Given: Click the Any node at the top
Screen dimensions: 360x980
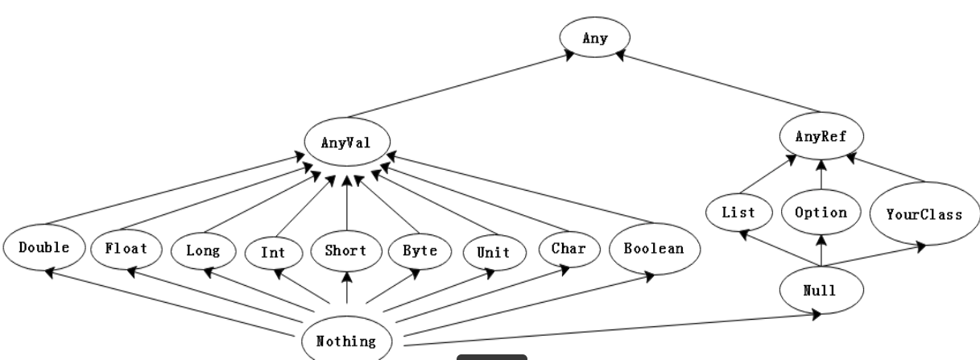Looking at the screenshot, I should [595, 36].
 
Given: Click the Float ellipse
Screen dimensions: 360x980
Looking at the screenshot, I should [126, 247].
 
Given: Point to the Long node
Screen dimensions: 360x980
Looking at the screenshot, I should [202, 250].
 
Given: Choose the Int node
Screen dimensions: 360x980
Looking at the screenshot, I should [272, 251].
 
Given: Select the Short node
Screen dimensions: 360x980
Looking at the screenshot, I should [346, 250].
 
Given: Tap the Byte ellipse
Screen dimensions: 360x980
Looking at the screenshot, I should [420, 250].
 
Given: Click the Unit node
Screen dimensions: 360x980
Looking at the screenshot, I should [493, 251].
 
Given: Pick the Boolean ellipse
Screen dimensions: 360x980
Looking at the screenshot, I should [654, 247].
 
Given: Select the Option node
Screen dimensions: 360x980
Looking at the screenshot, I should [821, 213].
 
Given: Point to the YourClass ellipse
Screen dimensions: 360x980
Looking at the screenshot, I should [924, 215].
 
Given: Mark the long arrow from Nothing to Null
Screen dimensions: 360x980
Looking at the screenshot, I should [612, 328].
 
